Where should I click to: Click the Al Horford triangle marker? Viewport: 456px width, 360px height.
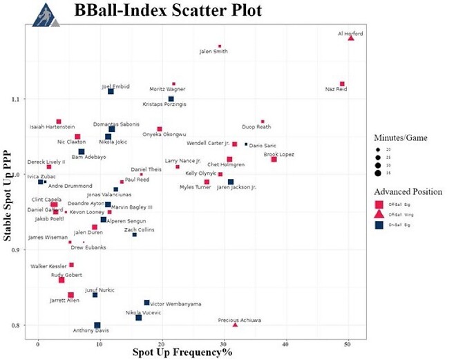[x=351, y=38]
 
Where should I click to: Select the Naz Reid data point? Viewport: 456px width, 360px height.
[x=342, y=84]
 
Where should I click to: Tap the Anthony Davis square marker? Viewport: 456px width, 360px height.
[x=97, y=325]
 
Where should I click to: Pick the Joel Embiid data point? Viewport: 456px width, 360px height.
[x=111, y=91]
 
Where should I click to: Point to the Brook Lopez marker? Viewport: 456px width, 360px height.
[x=274, y=160]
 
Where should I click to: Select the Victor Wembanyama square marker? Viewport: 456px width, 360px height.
[x=146, y=303]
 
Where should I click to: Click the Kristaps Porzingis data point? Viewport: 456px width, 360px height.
[x=171, y=99]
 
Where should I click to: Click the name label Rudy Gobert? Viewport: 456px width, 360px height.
[x=66, y=274]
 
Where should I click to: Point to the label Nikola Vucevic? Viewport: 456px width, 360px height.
[x=144, y=312]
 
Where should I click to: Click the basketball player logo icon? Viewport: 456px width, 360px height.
[x=46, y=15]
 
